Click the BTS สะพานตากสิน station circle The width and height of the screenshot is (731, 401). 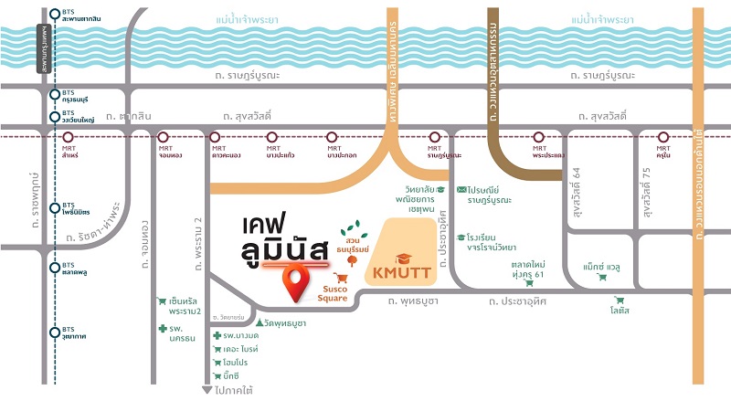(x=56, y=15)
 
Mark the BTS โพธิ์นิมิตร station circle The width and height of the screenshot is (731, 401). (x=56, y=206)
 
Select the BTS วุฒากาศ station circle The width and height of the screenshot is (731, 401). (x=56, y=331)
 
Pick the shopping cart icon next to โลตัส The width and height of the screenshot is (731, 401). (x=620, y=300)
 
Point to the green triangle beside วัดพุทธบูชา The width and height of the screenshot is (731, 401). (x=260, y=322)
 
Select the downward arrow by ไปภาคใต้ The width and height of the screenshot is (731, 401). (x=207, y=388)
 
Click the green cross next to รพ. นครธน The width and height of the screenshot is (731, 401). (x=162, y=328)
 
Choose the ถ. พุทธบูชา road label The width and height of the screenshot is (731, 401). (x=416, y=300)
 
